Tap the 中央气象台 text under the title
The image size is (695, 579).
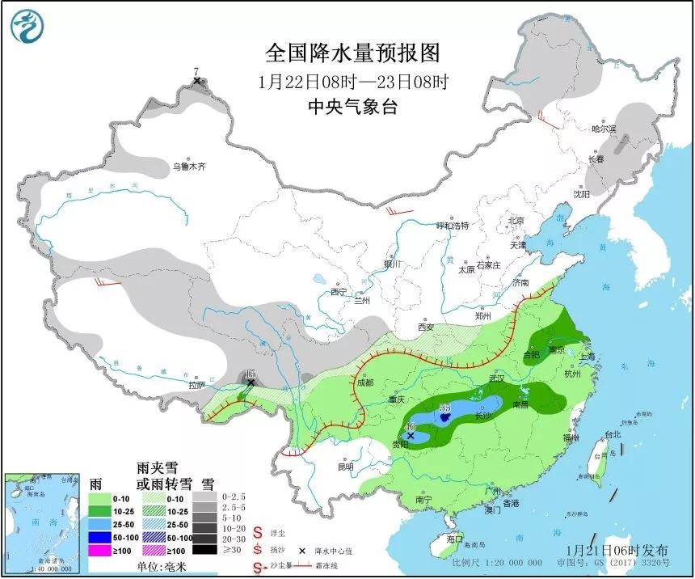pos(353,106)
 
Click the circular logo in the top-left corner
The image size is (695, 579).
pos(26,26)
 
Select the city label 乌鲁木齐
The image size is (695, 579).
pos(188,167)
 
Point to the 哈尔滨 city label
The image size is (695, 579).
pos(603,129)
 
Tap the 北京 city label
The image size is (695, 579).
pos(516,221)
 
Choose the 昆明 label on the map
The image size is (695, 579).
pos(346,467)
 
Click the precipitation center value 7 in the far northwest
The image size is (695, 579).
pos(196,72)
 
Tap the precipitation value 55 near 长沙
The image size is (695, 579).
pos(444,410)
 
